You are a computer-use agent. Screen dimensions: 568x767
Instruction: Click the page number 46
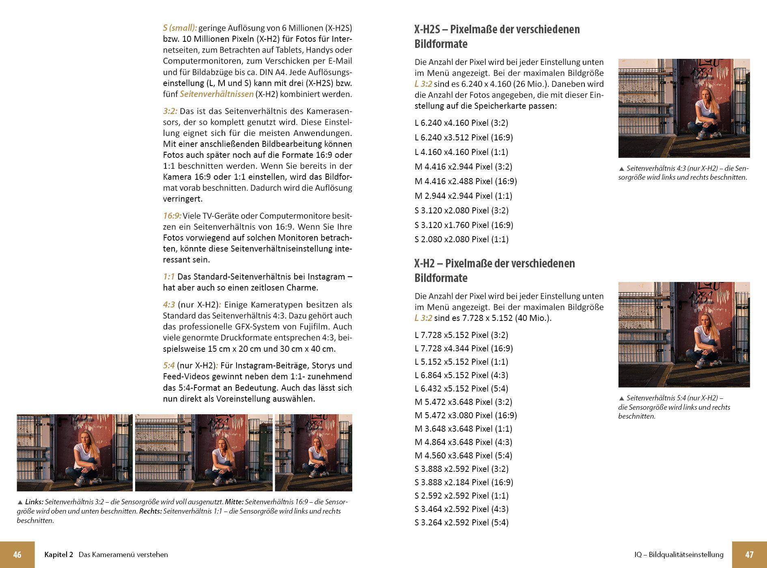click(17, 555)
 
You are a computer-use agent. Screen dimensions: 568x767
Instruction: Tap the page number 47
click(749, 555)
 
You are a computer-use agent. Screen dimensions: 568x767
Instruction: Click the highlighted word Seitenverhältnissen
click(216, 94)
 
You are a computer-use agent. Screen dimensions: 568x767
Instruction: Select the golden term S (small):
click(180, 28)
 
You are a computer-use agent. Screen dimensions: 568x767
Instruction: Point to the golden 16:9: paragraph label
click(172, 216)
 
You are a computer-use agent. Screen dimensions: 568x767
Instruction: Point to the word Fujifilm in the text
click(317, 327)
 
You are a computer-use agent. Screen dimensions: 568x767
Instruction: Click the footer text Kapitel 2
click(59, 555)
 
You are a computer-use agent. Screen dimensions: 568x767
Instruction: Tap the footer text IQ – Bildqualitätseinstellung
click(679, 555)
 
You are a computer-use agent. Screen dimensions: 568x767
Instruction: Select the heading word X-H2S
click(430, 29)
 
